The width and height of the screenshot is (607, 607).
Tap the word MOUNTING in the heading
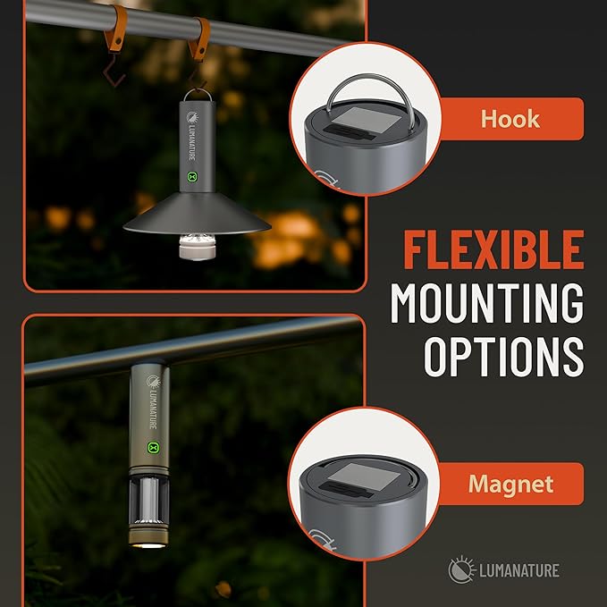click(x=487, y=304)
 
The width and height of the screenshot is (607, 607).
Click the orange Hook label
click(x=510, y=119)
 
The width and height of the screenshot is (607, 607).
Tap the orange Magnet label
click(x=510, y=485)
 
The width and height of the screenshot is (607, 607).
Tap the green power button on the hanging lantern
click(x=192, y=176)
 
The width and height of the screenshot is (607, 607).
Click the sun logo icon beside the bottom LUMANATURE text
click(x=460, y=569)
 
